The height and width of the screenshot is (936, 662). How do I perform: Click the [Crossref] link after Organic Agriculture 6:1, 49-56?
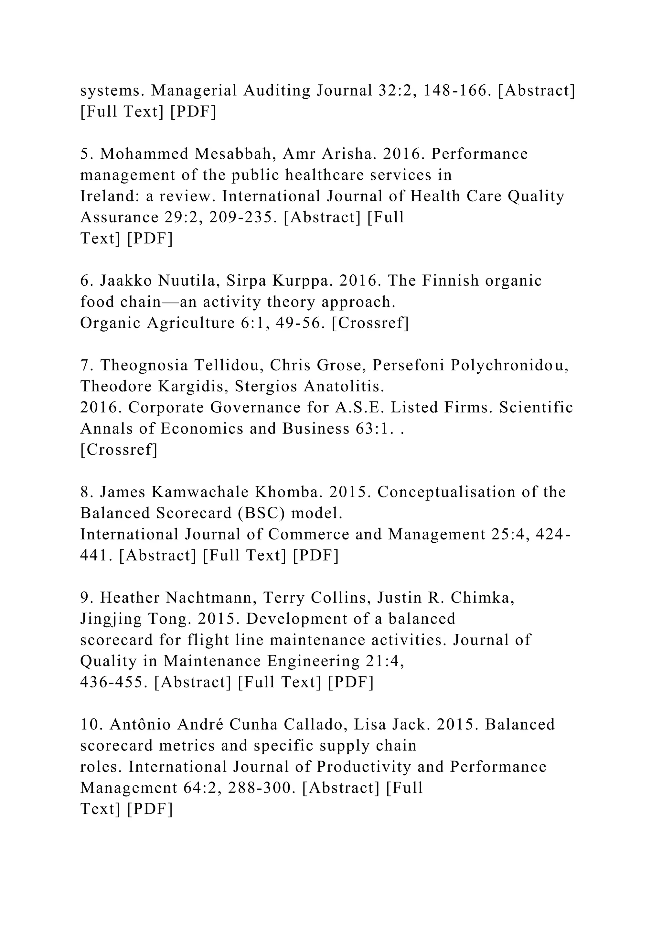pyautogui.click(x=370, y=323)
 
